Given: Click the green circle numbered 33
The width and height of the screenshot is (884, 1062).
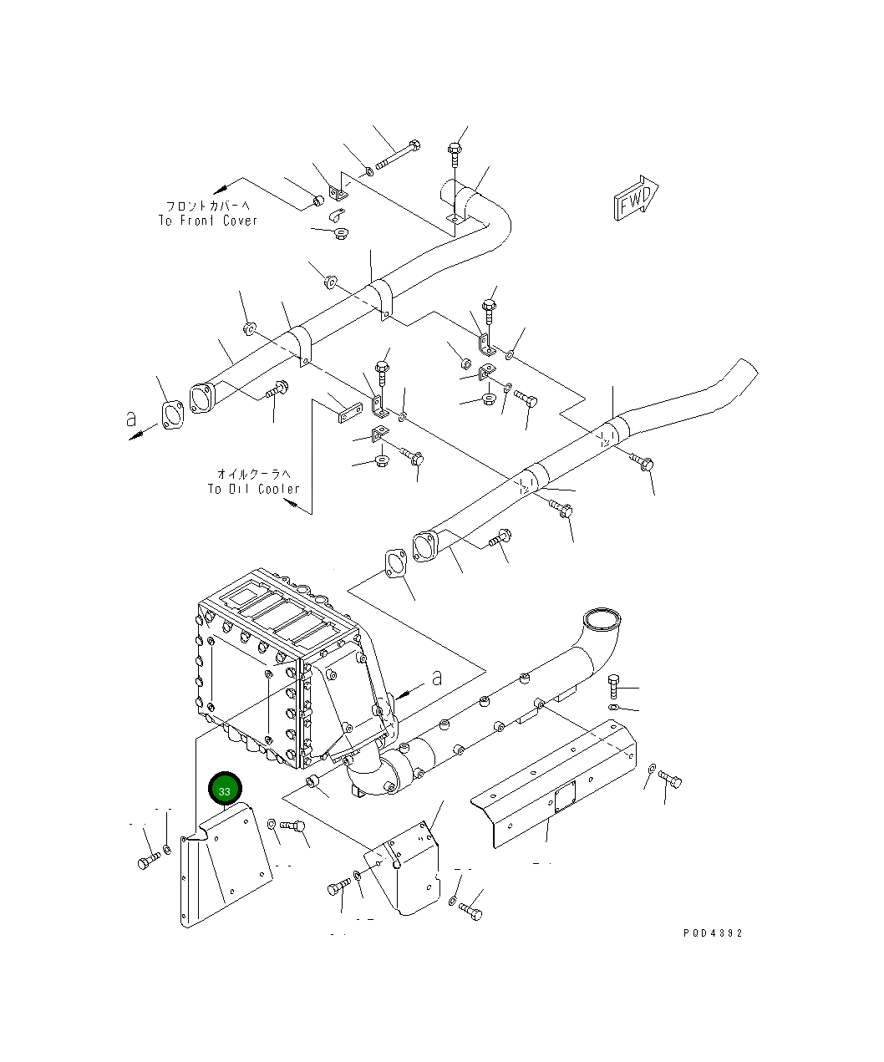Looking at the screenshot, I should point(225,790).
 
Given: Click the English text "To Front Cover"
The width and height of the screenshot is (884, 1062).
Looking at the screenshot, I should point(208,221).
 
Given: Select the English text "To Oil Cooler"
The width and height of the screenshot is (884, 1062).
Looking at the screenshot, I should point(254,489).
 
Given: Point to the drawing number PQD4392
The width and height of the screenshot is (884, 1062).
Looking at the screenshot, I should point(712,933).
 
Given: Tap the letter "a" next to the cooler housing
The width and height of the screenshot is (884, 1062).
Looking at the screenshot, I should point(436,678).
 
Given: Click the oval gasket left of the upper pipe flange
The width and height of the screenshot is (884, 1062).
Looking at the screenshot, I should point(171,414).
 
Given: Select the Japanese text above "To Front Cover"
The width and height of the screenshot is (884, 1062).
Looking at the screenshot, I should point(207,206).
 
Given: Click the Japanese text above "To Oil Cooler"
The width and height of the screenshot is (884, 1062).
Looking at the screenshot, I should point(254,474).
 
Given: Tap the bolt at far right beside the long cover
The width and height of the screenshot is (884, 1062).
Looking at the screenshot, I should point(671,780).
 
